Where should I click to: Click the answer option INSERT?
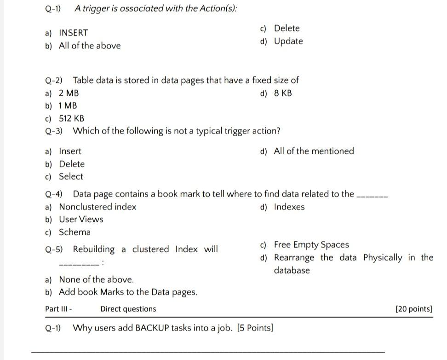pos(73,33)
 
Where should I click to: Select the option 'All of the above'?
pos(90,46)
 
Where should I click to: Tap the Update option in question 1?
pos(288,41)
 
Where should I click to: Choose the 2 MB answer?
pos(69,93)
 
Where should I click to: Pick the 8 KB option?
pos(283,93)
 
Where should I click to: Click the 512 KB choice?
pos(71,118)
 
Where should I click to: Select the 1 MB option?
pos(68,105)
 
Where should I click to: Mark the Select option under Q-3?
pos(71,176)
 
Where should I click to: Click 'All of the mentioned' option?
pos(314,151)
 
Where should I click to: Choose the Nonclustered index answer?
pos(97,207)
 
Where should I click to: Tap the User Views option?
pos(81,219)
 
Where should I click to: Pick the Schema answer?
pos(74,232)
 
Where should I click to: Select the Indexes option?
pos(289,207)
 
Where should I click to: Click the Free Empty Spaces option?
pos(311,244)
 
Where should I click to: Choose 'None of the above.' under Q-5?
pos(96,279)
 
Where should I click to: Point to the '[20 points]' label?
pos(413,309)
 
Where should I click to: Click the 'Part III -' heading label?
pos(58,309)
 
